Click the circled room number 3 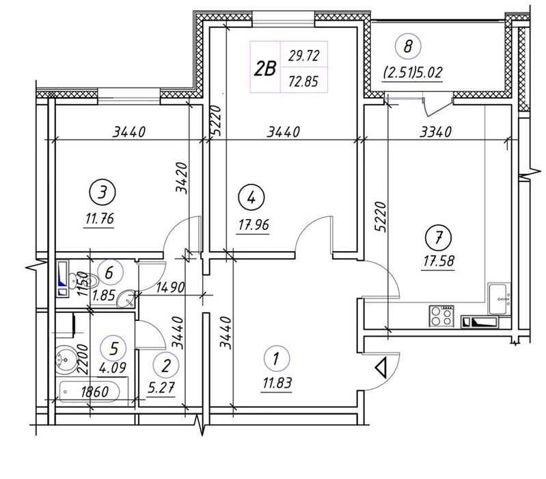[x=102, y=192]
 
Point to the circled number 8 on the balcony [x=409, y=47]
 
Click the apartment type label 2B [x=265, y=68]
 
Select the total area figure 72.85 [x=304, y=81]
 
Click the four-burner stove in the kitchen [x=441, y=315]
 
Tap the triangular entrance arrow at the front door [x=382, y=369]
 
